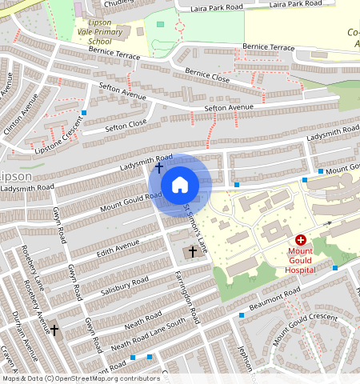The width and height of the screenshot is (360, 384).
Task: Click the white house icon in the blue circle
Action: tap(180, 185)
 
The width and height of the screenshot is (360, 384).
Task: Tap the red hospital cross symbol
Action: tap(301, 239)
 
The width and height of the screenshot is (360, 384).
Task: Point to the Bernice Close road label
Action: tap(207, 76)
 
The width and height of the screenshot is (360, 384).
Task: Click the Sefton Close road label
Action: tap(126, 126)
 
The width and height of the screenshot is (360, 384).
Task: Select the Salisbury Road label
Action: tap(125, 284)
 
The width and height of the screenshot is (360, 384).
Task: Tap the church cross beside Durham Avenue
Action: tap(54, 330)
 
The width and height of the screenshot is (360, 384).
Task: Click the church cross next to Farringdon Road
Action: tap(190, 252)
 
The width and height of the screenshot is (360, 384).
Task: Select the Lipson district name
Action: tap(15, 176)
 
